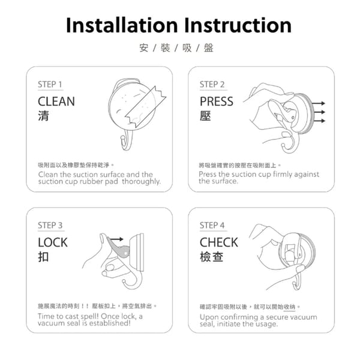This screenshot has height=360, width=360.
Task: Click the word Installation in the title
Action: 122,25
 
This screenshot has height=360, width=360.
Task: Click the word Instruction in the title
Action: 238,25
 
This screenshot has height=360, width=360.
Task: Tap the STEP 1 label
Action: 50,85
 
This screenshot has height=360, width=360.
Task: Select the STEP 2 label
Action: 212,85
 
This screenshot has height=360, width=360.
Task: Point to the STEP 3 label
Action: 50,226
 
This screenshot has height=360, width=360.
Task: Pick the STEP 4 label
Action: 212,226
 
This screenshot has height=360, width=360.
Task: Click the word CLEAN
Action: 56,101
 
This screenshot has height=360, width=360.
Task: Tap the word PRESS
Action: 217,101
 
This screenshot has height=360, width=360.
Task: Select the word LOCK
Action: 53,242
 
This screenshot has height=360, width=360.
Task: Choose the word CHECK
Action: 219,242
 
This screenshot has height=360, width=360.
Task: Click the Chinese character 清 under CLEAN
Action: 43,116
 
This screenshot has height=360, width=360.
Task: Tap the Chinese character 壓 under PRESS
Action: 205,116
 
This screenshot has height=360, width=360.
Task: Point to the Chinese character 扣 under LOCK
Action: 43,257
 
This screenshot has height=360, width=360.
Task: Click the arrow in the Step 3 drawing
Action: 116,239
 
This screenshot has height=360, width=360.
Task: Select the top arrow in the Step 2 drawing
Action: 319,103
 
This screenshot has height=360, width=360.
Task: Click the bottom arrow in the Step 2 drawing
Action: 319,121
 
